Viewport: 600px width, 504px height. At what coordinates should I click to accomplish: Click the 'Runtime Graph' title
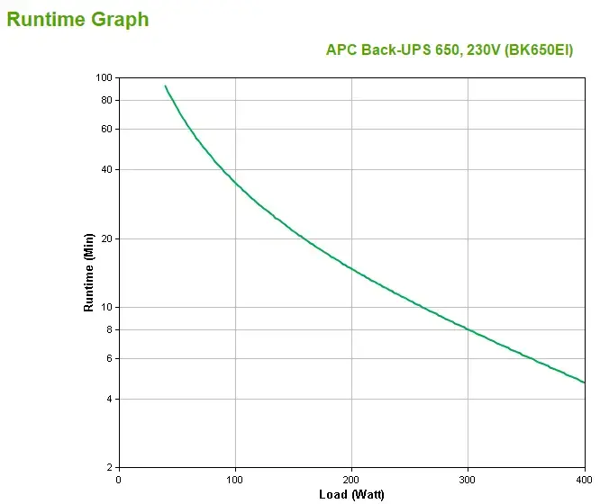(78, 19)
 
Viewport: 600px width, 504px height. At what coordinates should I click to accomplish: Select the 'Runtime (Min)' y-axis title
(88, 273)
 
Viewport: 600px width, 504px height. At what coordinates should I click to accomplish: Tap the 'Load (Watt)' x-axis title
(351, 494)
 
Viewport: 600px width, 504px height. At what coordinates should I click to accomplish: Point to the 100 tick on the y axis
(102, 77)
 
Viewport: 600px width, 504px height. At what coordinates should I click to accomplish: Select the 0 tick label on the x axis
(119, 480)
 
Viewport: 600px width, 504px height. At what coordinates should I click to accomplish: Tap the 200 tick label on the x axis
(351, 480)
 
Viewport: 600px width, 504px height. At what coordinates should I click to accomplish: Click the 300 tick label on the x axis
(468, 480)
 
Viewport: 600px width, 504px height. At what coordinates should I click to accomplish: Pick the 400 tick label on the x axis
(584, 480)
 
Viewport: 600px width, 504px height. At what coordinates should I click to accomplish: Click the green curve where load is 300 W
(468, 328)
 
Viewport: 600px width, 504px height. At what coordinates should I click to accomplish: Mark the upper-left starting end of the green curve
(165, 86)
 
